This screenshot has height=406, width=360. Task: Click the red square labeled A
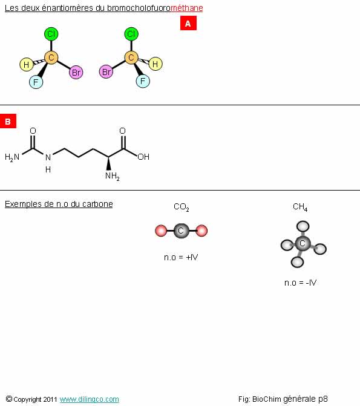coord(188,23)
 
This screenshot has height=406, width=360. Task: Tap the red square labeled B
coord(8,121)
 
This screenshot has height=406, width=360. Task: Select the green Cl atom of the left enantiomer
coord(51,34)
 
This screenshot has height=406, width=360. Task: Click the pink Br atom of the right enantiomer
coord(106,71)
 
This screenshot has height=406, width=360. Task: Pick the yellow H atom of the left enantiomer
coord(27,65)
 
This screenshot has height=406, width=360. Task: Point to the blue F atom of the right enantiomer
coord(143,81)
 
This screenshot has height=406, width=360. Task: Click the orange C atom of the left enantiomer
coord(51,57)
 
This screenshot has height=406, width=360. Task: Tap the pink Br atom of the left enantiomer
coord(76,72)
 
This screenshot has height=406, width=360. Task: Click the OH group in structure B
coord(143,157)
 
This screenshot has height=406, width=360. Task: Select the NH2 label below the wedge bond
coord(113,176)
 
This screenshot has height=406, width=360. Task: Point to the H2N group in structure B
coord(12,157)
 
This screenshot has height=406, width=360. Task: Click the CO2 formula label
coord(182,207)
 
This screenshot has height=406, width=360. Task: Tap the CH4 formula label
coord(300,207)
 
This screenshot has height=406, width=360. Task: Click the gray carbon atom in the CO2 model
coord(182,231)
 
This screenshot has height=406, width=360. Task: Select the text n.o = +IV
coord(181,257)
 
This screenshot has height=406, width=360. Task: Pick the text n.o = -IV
coord(301,283)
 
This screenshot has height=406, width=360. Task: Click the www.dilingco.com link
coord(90,399)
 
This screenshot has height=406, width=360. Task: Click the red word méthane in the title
coord(187,8)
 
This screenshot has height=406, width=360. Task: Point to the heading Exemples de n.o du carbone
coord(59,204)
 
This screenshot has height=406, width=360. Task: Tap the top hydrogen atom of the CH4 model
coord(303,226)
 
